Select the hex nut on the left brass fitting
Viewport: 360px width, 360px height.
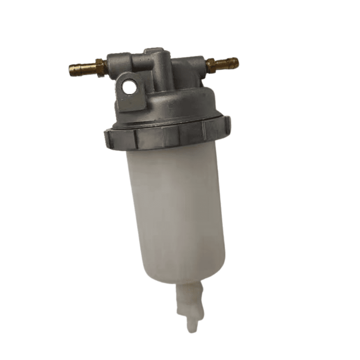[100, 65]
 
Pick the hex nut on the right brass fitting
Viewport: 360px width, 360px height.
[210, 65]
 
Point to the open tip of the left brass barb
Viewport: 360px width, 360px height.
[71, 68]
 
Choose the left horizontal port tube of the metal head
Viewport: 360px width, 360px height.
[119, 63]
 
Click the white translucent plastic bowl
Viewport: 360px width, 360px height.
[176, 209]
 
